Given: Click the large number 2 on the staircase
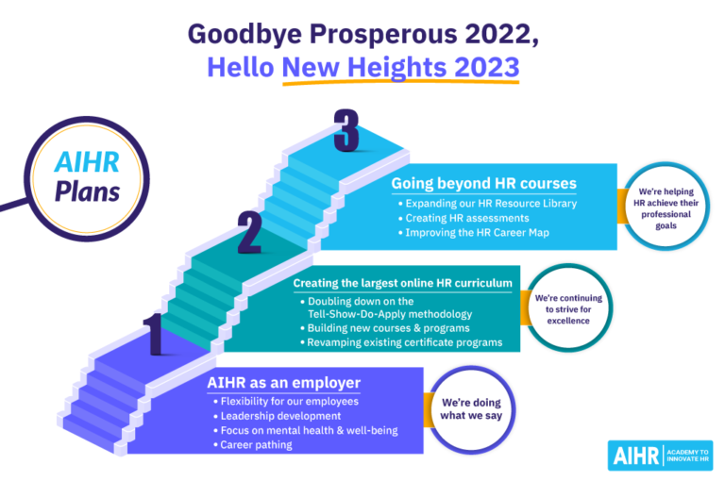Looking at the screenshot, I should coord(248,233).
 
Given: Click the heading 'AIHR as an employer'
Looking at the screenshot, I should coord(283,382).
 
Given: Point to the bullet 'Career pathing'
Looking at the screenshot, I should coord(256,445).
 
